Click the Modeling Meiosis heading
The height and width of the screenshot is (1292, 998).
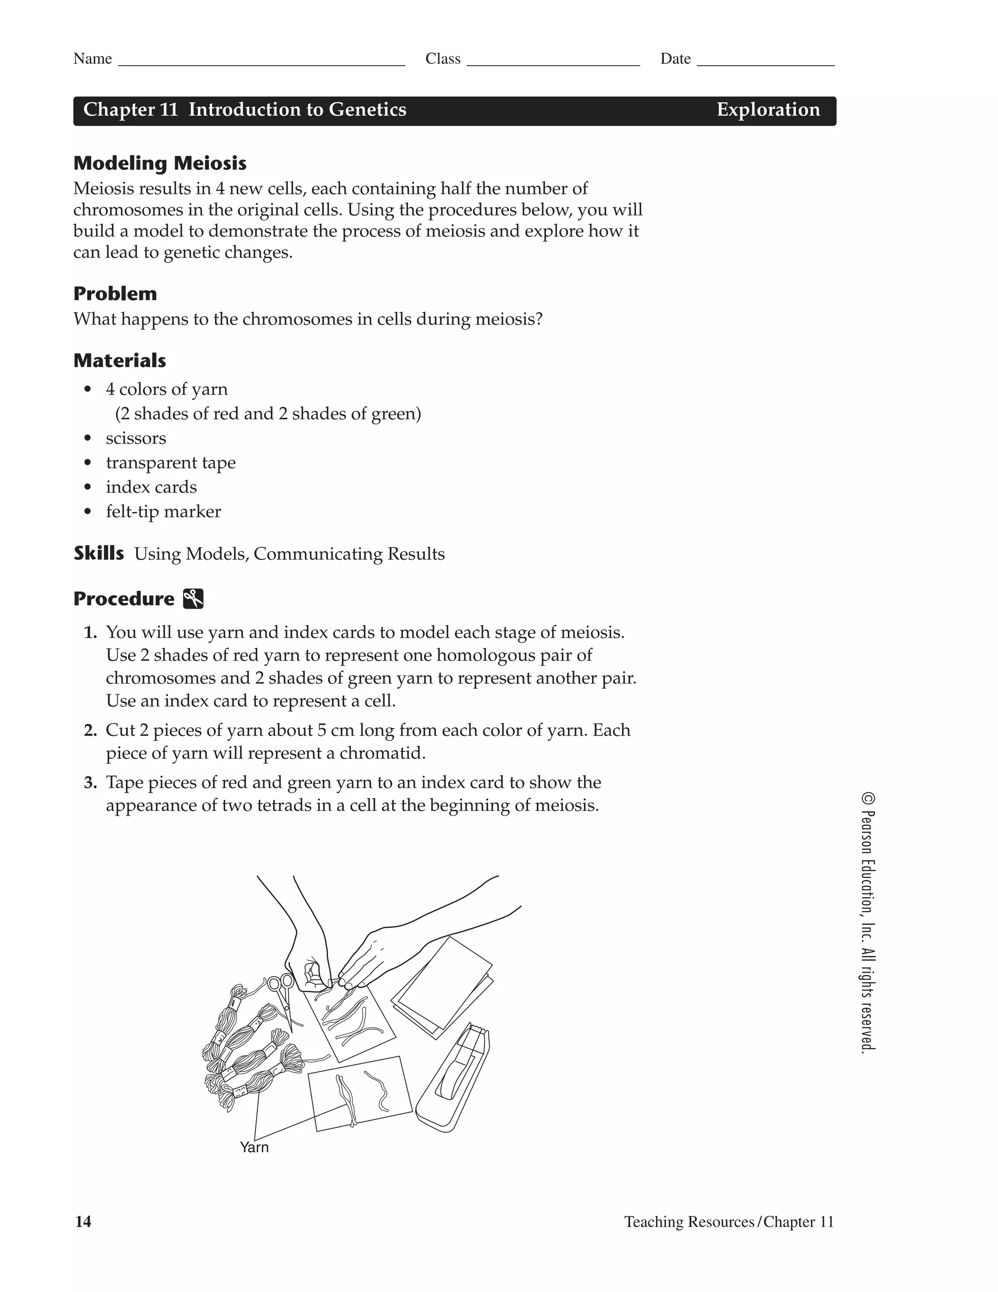tap(160, 163)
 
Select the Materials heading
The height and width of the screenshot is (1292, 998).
tap(119, 360)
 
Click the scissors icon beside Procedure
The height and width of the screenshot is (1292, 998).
tap(193, 599)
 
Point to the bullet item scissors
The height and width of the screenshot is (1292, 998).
tap(135, 438)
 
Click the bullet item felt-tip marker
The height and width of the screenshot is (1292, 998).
tap(163, 512)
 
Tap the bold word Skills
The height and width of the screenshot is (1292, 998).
tap(99, 553)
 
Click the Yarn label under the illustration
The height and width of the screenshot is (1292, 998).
tap(254, 1148)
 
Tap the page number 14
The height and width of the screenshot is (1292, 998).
tap(83, 1222)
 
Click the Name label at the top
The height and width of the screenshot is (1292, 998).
tap(92, 59)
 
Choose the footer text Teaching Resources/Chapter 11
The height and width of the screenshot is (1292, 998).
tap(729, 1222)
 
